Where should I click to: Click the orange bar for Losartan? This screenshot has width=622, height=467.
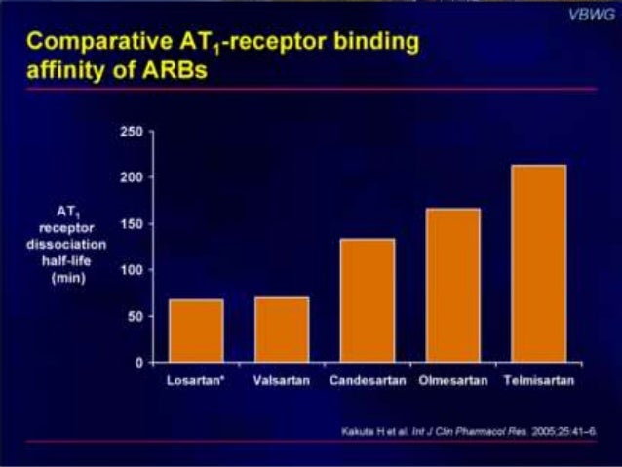[195, 331]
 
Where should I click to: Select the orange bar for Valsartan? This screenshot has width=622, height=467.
[281, 330]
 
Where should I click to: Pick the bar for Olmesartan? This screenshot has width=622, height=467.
[452, 285]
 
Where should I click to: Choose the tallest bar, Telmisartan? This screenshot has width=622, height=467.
[538, 263]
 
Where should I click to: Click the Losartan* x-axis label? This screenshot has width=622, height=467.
[195, 380]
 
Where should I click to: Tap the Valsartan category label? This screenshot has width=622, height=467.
[281, 380]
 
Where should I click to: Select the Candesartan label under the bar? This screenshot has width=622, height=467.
[367, 380]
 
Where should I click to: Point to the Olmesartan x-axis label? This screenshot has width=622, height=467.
[452, 380]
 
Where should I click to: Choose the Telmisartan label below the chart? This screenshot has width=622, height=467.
[538, 380]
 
